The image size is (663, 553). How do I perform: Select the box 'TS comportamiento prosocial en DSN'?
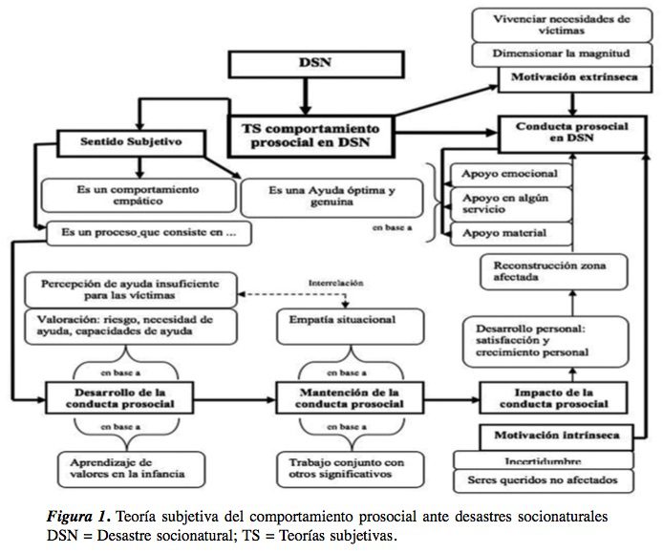pos(302,135)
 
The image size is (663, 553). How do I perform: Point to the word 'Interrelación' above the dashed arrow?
pos(336,283)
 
